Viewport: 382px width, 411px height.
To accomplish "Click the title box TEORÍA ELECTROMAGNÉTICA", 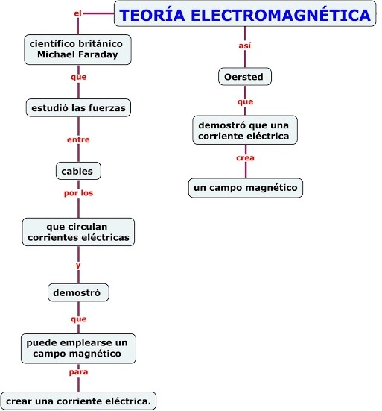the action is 245,14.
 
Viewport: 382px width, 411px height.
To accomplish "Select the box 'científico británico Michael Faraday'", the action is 77,49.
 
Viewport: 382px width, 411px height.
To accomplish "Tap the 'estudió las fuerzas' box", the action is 78,107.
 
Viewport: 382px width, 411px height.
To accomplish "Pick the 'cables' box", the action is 78,171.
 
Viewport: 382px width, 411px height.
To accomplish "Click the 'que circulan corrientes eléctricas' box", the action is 78,232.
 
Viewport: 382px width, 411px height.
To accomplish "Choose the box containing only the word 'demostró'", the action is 78,292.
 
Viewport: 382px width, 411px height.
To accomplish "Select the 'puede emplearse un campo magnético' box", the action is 78,348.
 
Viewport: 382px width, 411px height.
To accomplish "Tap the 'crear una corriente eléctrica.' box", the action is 78,401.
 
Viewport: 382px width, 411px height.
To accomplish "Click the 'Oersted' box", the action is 245,77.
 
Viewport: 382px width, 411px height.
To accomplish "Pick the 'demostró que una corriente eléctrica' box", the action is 245,131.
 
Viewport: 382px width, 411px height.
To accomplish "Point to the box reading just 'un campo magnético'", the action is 246,188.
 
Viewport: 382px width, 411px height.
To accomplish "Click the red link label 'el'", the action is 77,13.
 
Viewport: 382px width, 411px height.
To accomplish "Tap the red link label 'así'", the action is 245,46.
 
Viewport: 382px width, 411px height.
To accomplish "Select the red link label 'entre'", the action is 78,139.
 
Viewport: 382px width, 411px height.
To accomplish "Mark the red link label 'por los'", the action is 78,193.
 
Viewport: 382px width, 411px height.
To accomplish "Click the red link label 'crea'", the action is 245,158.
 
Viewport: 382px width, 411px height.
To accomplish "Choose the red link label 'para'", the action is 78,372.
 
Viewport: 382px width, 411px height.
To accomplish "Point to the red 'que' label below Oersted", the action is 245,102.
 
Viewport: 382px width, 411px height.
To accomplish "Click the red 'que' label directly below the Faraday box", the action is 78,77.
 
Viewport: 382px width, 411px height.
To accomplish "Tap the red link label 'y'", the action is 78,266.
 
